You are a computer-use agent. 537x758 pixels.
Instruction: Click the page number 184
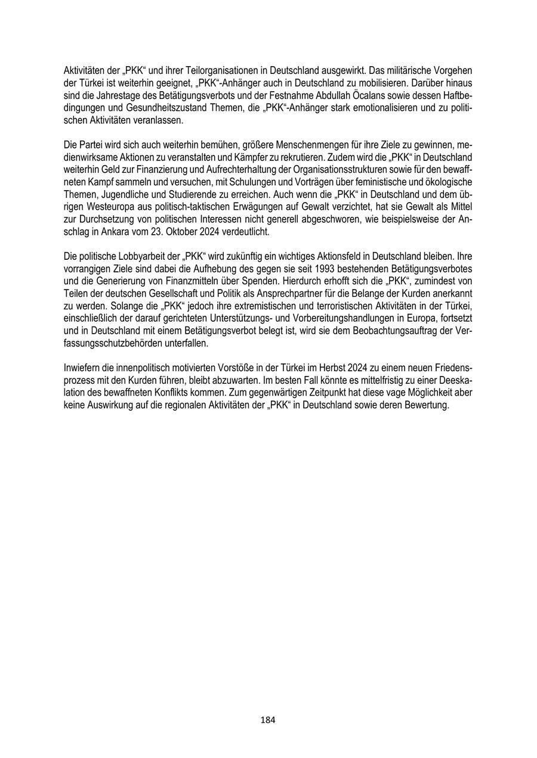[x=268, y=720]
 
